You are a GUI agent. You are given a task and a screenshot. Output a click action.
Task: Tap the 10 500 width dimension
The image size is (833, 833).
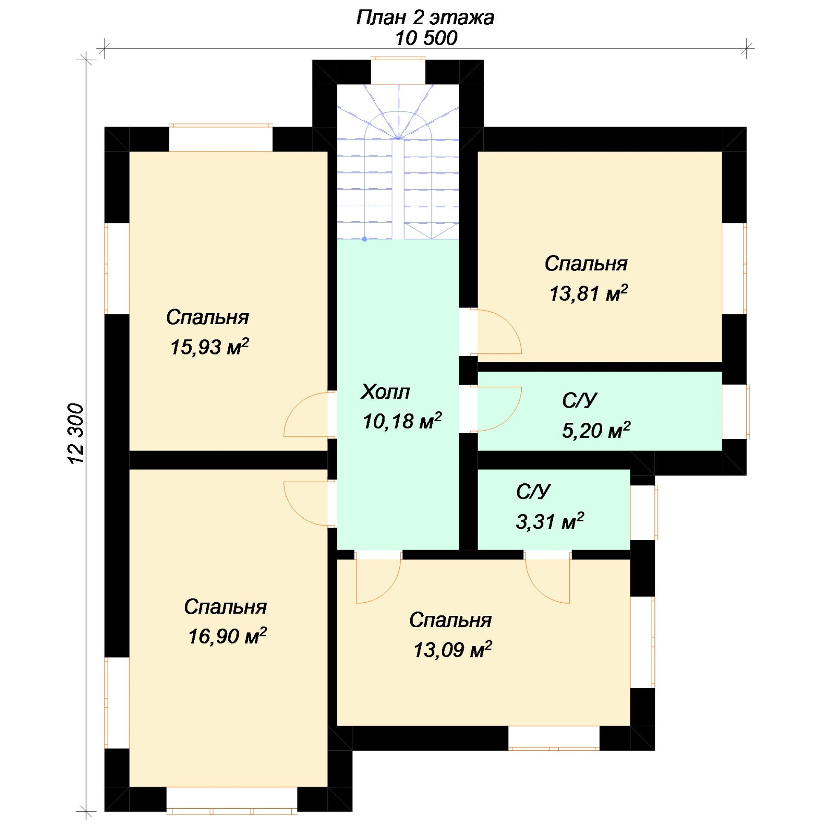click(426, 38)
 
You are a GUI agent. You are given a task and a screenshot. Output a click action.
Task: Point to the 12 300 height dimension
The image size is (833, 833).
click(76, 434)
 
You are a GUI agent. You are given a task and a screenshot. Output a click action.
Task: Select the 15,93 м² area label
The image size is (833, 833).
click(209, 347)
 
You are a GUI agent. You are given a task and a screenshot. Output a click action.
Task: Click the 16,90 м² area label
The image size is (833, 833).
click(227, 636)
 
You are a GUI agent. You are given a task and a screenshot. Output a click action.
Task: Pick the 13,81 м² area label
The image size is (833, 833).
click(588, 293)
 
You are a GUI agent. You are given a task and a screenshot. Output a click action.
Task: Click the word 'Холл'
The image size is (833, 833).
click(385, 392)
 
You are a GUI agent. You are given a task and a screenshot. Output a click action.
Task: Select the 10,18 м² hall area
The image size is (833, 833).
click(402, 421)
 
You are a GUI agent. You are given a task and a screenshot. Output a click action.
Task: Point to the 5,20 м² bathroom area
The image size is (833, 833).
click(596, 430)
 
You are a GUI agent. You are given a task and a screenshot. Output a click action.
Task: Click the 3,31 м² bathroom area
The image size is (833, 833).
click(550, 521)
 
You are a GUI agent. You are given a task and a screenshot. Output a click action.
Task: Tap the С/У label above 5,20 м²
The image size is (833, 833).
click(580, 401)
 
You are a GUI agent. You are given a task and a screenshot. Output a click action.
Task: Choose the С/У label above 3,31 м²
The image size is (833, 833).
click(534, 492)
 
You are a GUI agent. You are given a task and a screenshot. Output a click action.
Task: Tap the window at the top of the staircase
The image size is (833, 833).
click(398, 71)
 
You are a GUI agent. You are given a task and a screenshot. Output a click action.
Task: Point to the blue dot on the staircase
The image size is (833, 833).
click(364, 239)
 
